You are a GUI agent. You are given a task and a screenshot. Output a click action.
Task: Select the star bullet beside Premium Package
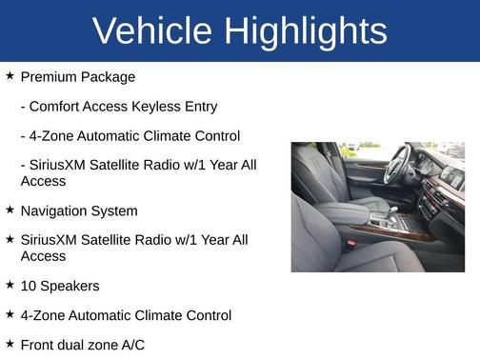pyautogui.click(x=10, y=75)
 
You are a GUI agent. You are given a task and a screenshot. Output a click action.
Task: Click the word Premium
pyautogui.click(x=50, y=77)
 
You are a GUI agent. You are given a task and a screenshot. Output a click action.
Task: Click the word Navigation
pyautogui.click(x=54, y=210)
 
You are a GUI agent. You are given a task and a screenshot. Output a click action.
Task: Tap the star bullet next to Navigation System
pyautogui.click(x=10, y=210)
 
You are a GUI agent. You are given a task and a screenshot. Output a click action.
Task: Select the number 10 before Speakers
pyautogui.click(x=28, y=286)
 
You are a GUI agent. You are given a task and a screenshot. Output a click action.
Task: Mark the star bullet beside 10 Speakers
pyautogui.click(x=10, y=284)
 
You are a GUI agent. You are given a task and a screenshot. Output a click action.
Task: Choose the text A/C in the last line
pyautogui.click(x=130, y=345)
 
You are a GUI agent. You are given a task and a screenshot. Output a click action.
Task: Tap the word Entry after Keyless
pyautogui.click(x=200, y=107)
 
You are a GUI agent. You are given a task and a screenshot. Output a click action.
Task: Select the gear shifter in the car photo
pyautogui.click(x=392, y=211)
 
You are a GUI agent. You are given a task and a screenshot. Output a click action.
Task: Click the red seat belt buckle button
pyautogui.click(x=350, y=244)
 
